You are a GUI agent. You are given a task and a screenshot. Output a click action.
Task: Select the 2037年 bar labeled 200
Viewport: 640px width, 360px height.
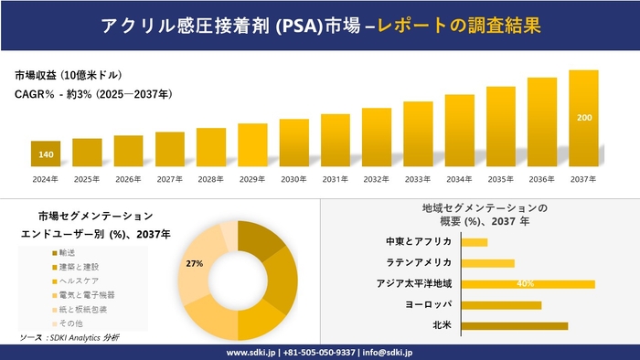pyautogui.click(x=583, y=118)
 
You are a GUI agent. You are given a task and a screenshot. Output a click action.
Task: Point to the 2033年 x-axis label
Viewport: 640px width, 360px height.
pyautogui.click(x=418, y=178)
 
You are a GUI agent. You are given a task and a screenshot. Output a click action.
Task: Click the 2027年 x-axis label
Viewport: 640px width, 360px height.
pyautogui.click(x=170, y=178)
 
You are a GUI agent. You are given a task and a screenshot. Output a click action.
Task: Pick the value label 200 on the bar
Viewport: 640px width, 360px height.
pyautogui.click(x=583, y=118)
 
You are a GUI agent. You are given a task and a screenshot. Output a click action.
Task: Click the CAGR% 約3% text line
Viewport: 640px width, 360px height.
pyautogui.click(x=94, y=94)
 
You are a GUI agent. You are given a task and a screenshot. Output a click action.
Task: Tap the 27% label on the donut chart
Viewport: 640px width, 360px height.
pyautogui.click(x=194, y=263)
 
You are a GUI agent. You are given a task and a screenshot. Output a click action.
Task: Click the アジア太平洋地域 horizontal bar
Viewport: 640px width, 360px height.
pyautogui.click(x=528, y=284)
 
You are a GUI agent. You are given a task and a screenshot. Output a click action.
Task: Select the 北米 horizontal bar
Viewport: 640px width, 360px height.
pyautogui.click(x=515, y=325)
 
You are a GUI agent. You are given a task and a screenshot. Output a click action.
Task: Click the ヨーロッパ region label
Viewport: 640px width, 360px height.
pyautogui.click(x=424, y=304)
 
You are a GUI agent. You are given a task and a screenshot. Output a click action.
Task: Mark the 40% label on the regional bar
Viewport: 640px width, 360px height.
pyautogui.click(x=525, y=284)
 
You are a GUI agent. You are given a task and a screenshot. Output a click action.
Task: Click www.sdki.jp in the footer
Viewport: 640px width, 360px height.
pyautogui.click(x=252, y=352)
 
